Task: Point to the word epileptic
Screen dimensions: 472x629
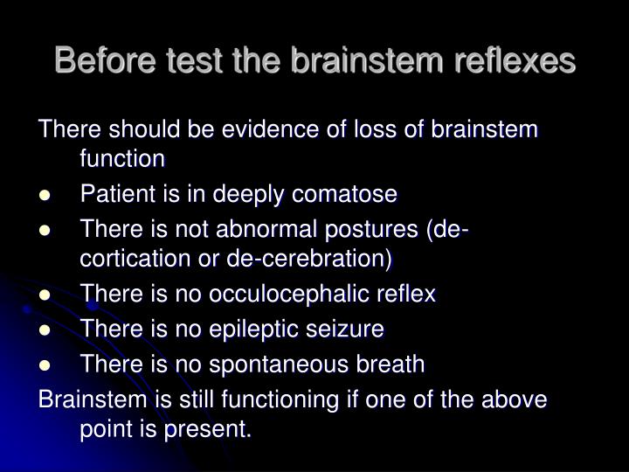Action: coord(259,330)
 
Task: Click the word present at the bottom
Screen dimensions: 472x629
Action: coord(211,429)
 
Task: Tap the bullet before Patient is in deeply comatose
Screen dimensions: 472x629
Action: coord(45,194)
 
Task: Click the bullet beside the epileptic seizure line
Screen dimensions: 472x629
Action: coord(45,330)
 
